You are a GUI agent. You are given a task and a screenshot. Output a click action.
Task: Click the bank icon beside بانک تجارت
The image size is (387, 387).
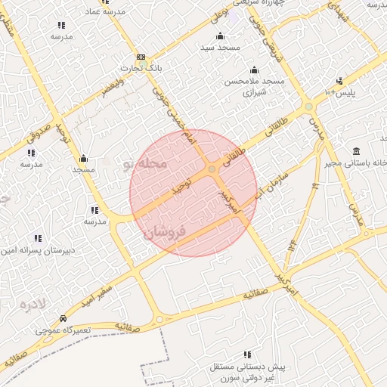point(141,57)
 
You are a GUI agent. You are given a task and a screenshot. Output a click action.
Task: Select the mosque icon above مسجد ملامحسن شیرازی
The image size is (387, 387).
point(253,70)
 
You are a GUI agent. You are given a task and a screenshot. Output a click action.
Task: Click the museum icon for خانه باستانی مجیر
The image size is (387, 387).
point(356,151)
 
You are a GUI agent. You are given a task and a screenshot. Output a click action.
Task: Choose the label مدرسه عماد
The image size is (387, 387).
point(104,13)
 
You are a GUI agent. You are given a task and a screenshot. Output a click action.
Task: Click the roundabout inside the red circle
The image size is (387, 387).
point(212,169)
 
